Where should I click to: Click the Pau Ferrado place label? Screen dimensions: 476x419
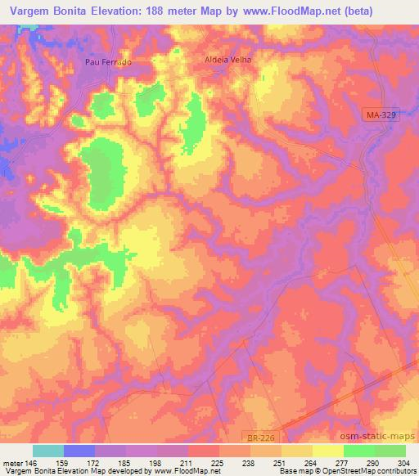coord(108,62)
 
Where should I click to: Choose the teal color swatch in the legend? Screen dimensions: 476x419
coord(48,451)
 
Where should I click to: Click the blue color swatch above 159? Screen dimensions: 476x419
coord(79,451)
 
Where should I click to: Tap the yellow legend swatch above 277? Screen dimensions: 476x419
coord(327,451)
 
